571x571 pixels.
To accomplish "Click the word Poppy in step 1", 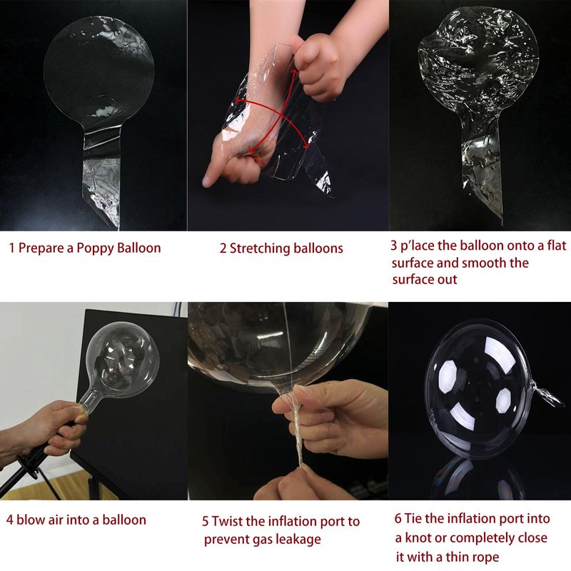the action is (94, 248).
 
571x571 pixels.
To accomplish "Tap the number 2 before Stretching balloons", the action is (223, 248).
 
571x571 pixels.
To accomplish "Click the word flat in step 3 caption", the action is (557, 246).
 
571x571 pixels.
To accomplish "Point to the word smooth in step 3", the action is (483, 263).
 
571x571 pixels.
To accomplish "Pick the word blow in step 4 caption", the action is (30, 520).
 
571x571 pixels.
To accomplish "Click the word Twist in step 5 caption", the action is (227, 521).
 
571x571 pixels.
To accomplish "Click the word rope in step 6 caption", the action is (485, 557).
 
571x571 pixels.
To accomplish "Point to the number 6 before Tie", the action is (398, 518).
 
